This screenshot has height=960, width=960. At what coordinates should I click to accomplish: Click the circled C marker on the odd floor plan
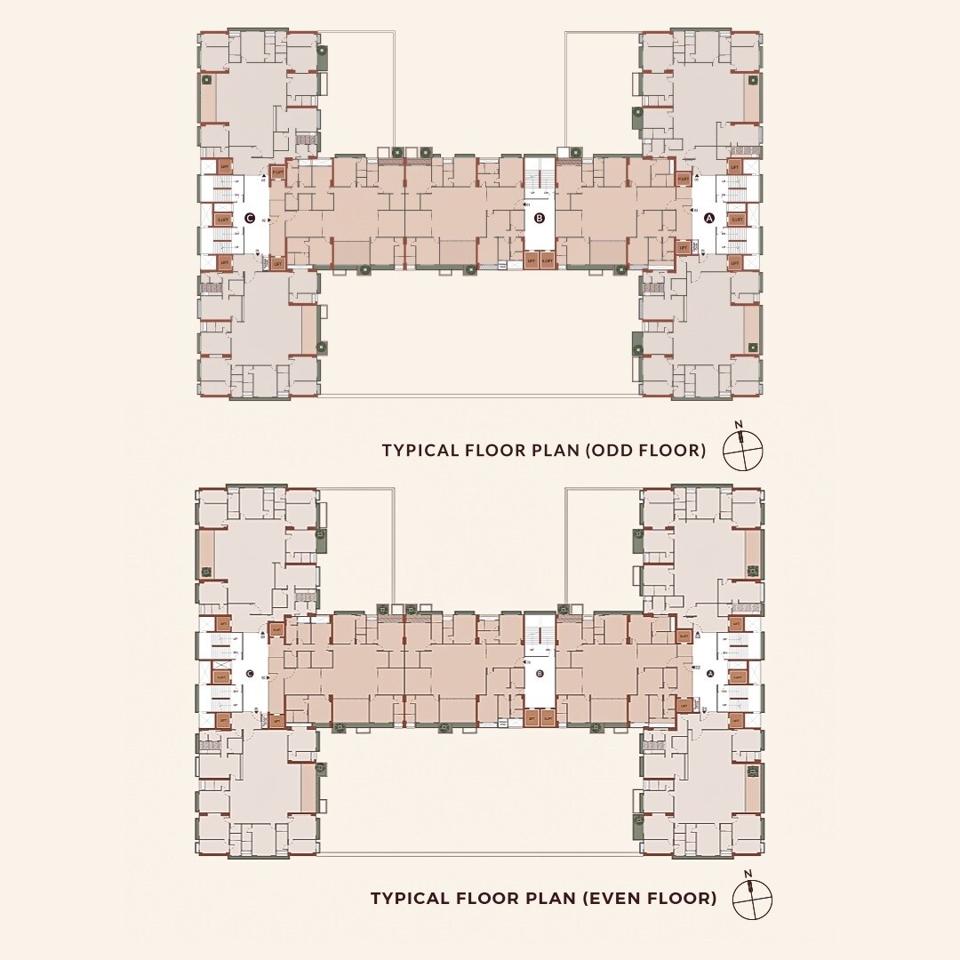(x=250, y=218)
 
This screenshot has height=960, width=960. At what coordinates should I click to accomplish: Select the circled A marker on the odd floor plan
(x=709, y=218)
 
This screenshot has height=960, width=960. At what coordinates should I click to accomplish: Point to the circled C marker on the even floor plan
(x=250, y=675)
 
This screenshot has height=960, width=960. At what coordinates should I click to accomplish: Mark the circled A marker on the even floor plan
(x=709, y=675)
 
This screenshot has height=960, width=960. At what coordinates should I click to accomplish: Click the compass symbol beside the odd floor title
(x=743, y=451)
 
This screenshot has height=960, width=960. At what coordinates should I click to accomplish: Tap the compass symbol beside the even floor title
(x=752, y=899)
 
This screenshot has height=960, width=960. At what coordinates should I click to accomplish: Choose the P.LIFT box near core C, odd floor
(x=277, y=172)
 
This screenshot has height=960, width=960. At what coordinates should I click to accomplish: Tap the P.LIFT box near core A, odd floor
(x=683, y=179)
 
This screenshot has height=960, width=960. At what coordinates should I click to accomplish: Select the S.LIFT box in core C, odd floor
(x=222, y=219)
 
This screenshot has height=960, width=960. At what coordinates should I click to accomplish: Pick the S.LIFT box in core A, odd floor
(x=736, y=219)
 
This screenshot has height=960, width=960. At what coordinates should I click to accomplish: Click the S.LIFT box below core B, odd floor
(x=547, y=260)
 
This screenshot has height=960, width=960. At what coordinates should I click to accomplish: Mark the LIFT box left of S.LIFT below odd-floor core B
(x=531, y=260)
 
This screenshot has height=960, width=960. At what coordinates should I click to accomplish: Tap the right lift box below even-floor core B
(x=547, y=718)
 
